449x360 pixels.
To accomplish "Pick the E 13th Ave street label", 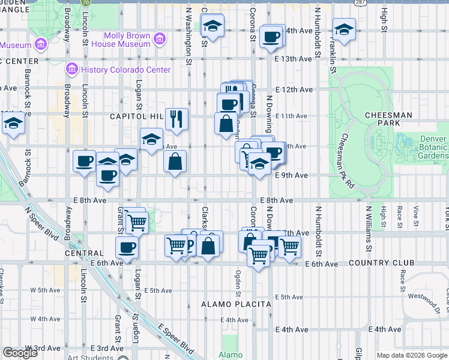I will coord(295,59).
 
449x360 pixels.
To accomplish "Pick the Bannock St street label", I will coord(27,85).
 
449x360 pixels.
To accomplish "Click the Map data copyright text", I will coord(412,355).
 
